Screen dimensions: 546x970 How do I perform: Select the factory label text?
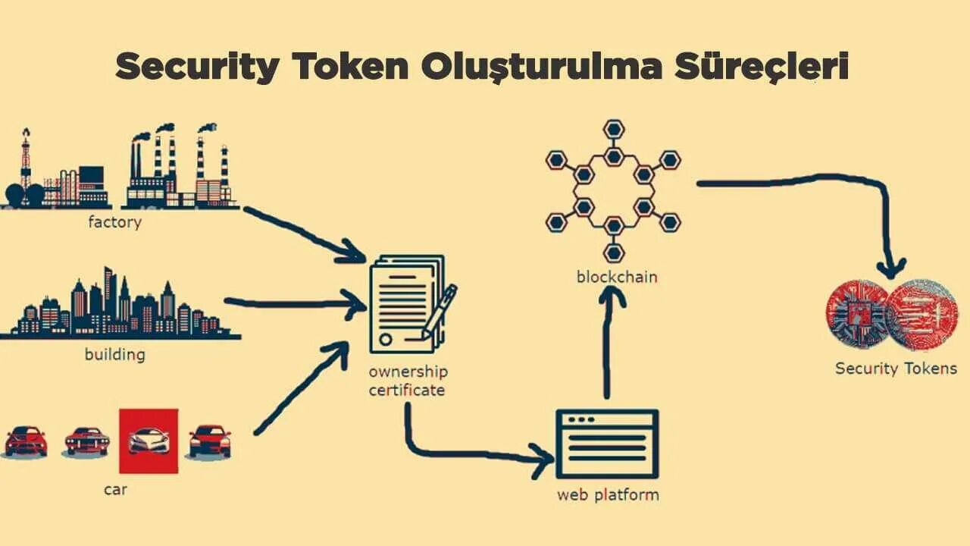pyautogui.click(x=114, y=223)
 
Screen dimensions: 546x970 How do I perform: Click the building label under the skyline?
pyautogui.click(x=114, y=354)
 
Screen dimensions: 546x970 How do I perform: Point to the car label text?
pyautogui.click(x=115, y=490)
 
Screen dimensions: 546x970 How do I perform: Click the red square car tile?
pyautogui.click(x=149, y=441)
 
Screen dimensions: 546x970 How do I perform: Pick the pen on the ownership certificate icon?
pyautogui.click(x=440, y=311)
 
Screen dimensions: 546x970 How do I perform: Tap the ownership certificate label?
pyautogui.click(x=408, y=381)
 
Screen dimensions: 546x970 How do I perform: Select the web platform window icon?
pyautogui.click(x=607, y=443)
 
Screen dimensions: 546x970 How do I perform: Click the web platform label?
pyautogui.click(x=608, y=495)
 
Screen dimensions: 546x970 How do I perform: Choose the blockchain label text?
pyautogui.click(x=617, y=277)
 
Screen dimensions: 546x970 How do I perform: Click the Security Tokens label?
pyautogui.click(x=896, y=369)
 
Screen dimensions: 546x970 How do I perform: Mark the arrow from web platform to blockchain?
pyautogui.click(x=609, y=341)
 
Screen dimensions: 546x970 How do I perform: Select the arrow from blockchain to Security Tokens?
pyautogui.click(x=818, y=182)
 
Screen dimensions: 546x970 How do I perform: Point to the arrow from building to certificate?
pyautogui.click(x=296, y=304)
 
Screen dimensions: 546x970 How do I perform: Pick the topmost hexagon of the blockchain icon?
pyautogui.click(x=614, y=127)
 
